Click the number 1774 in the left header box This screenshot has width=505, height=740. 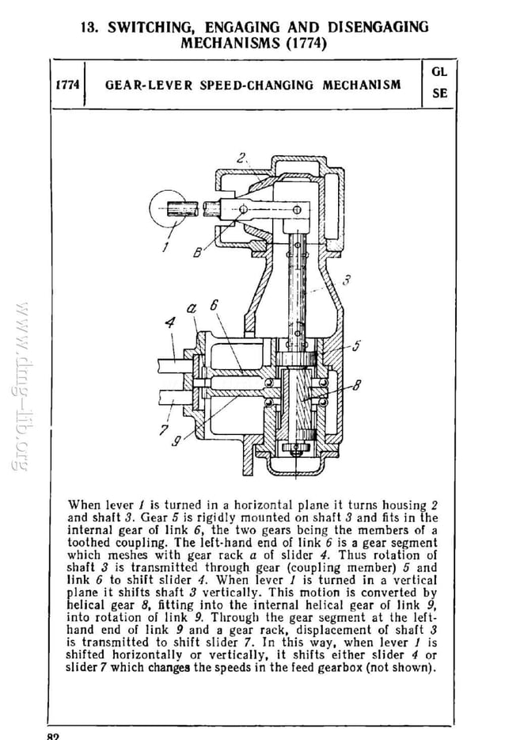66,85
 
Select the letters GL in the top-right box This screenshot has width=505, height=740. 440,71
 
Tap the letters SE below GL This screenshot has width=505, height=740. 440,93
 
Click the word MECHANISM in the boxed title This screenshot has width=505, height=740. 361,85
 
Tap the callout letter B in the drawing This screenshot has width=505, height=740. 197,253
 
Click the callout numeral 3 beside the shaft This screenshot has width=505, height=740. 346,280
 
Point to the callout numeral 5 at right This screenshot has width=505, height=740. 356,345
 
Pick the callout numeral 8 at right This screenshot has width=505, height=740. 356,386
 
